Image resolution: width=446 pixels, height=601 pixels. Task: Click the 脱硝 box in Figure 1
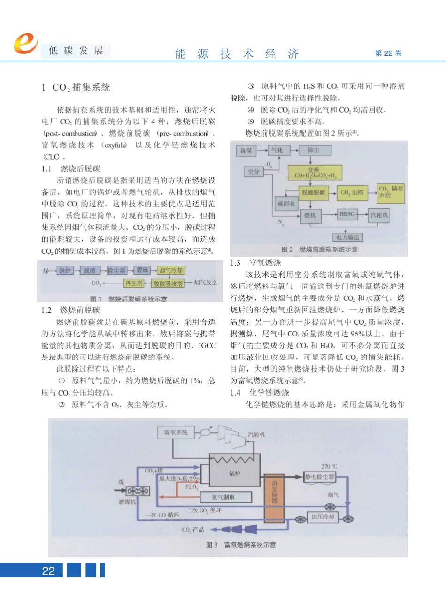click(x=90, y=270)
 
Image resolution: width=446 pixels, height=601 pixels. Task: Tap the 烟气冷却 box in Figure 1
click(x=171, y=270)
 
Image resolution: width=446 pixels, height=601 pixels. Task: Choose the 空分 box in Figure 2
click(x=254, y=172)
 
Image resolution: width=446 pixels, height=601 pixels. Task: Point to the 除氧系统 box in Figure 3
click(x=176, y=432)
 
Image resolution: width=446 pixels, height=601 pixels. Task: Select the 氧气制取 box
click(x=226, y=497)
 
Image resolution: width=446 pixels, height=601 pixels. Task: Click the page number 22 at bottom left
click(x=48, y=571)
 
